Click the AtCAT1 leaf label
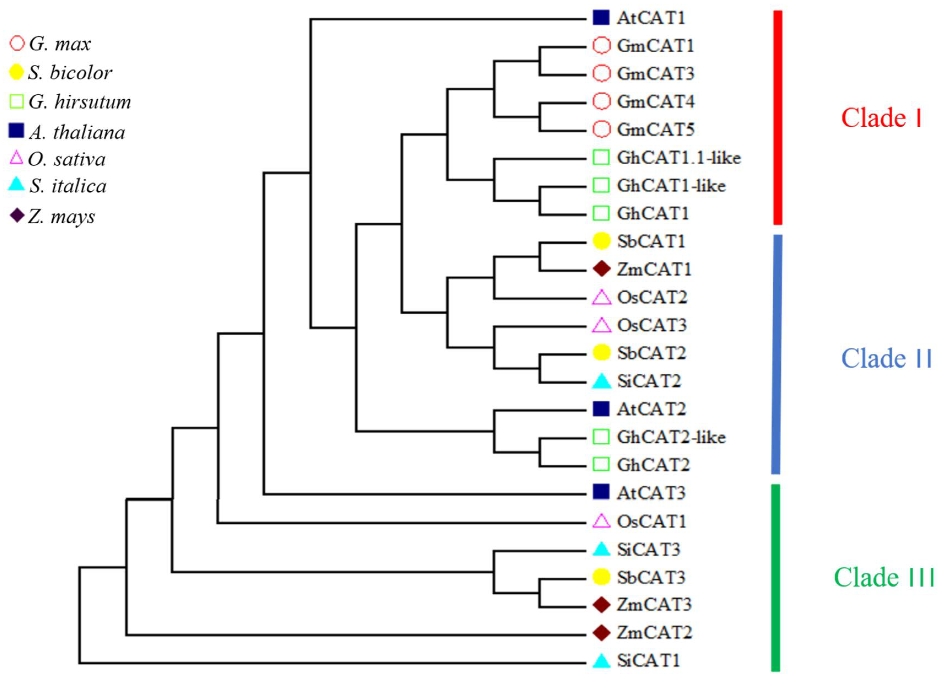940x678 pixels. (651, 18)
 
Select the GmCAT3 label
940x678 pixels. (655, 74)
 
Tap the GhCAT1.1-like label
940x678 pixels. (678, 158)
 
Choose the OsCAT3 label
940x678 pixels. (652, 325)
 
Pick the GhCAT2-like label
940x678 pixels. (671, 437)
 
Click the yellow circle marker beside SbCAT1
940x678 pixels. (602, 241)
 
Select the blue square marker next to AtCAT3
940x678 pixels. (601, 492)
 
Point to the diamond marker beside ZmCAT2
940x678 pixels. (602, 632)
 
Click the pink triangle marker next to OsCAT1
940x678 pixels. (602, 521)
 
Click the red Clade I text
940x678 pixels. (881, 118)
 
